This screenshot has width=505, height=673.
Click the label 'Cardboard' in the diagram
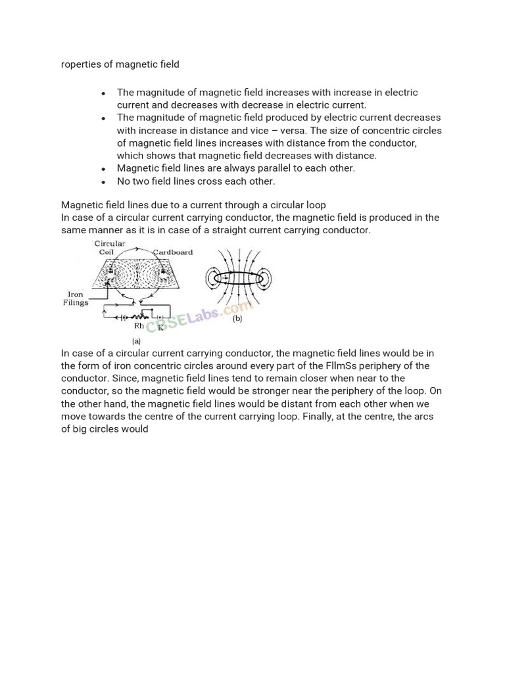pyautogui.click(x=173, y=252)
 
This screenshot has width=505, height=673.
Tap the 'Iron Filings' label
pyautogui.click(x=76, y=299)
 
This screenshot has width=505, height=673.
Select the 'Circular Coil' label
pyautogui.click(x=110, y=248)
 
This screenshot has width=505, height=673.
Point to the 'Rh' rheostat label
pyautogui.click(x=139, y=325)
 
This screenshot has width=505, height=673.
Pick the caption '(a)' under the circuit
pyautogui.click(x=137, y=341)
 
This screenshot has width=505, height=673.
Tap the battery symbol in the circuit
pyautogui.click(x=123, y=316)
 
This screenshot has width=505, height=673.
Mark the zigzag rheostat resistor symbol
pyautogui.click(x=141, y=316)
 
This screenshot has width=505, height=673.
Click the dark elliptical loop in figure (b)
pyautogui.click(x=235, y=279)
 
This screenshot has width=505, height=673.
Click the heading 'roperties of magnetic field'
pyautogui.click(x=120, y=64)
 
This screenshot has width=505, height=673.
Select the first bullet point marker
pyautogui.click(x=104, y=93)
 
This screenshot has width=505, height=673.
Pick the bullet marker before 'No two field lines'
pyautogui.click(x=104, y=182)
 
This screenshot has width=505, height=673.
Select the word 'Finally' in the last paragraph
pyautogui.click(x=318, y=416)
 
